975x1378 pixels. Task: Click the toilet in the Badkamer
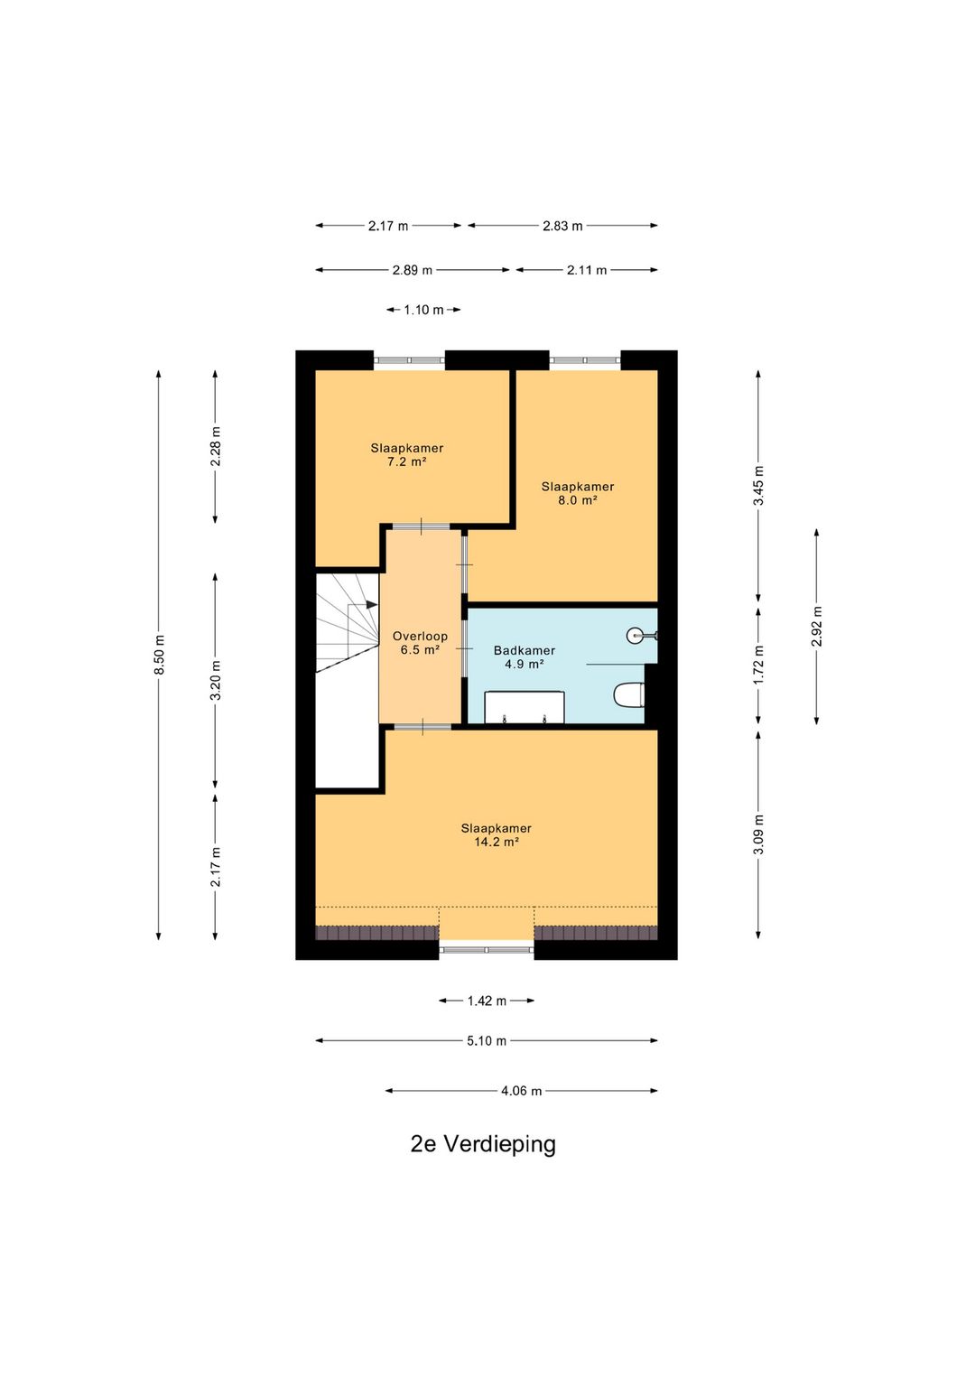[x=628, y=695]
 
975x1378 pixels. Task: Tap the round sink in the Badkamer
[x=637, y=635]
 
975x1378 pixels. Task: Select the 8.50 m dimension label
[x=159, y=655]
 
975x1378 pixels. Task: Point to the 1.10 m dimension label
[x=423, y=310]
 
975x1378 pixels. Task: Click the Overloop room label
[x=420, y=637]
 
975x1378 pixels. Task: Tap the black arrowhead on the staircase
[x=372, y=605]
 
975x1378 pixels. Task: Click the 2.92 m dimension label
[x=817, y=627]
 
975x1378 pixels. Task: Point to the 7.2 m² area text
[x=406, y=462]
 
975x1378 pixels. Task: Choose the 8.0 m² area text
[x=578, y=500]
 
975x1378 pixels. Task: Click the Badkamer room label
[x=525, y=650]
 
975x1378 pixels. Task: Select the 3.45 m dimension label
[x=758, y=486]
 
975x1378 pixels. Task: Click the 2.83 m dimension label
[x=562, y=226]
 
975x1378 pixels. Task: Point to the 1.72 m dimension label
[x=758, y=665]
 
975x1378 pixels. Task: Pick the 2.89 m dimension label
[x=413, y=270]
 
